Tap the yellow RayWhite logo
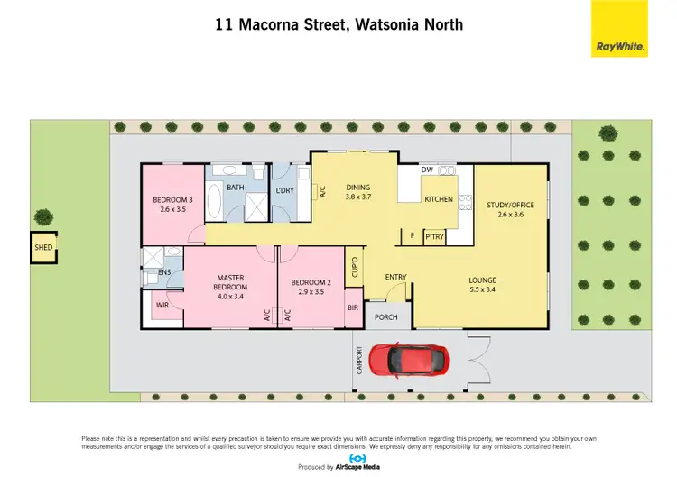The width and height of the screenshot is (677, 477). click(619, 29)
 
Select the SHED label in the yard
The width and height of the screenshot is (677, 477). click(42, 246)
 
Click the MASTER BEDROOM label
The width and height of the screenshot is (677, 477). click(231, 282)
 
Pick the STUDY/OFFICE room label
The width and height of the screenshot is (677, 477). click(510, 205)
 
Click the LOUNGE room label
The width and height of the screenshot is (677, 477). click(482, 280)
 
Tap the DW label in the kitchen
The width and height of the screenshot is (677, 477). click(428, 170)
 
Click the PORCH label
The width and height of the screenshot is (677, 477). click(386, 316)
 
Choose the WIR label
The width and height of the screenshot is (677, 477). click(162, 306)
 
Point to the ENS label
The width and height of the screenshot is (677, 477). click(164, 272)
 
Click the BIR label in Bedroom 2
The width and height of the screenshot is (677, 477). click(353, 307)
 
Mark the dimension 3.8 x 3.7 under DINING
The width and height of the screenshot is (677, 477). click(359, 196)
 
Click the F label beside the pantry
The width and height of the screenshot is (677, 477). click(413, 236)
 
